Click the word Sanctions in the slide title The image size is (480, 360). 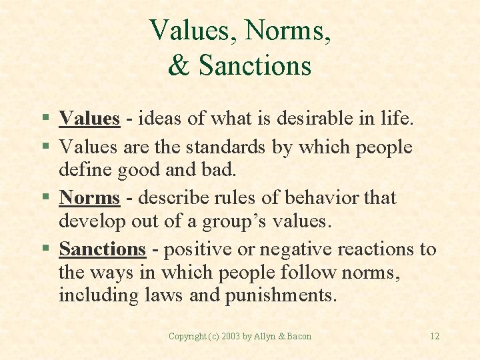click(x=255, y=65)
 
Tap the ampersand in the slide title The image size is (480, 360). click(x=179, y=65)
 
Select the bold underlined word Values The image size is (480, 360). click(x=89, y=119)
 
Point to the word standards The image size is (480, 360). click(x=224, y=147)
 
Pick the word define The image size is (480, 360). click(x=84, y=169)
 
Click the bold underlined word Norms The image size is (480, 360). click(x=89, y=198)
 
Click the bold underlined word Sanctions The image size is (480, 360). click(x=102, y=249)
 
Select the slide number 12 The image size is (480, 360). click(x=434, y=336)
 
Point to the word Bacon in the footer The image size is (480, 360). click(x=299, y=336)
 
